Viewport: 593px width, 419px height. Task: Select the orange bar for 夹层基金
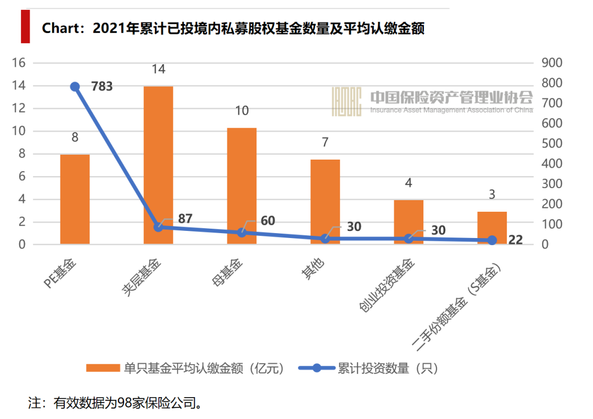(x=158, y=165)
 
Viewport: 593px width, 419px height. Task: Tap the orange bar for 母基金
(x=242, y=186)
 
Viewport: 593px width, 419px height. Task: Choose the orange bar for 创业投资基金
(x=409, y=222)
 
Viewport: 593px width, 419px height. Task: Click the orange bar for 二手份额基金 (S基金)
(x=492, y=228)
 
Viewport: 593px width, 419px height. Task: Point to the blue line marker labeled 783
(x=75, y=87)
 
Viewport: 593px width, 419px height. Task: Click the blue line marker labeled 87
(x=159, y=227)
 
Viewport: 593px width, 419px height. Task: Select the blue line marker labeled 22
(x=493, y=240)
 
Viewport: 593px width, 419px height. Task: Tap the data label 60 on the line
(x=267, y=221)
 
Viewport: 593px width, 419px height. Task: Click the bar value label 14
(x=159, y=69)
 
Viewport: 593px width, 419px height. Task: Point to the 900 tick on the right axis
(x=552, y=63)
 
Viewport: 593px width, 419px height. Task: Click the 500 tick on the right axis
(x=552, y=144)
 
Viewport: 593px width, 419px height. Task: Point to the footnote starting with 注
(x=115, y=403)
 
